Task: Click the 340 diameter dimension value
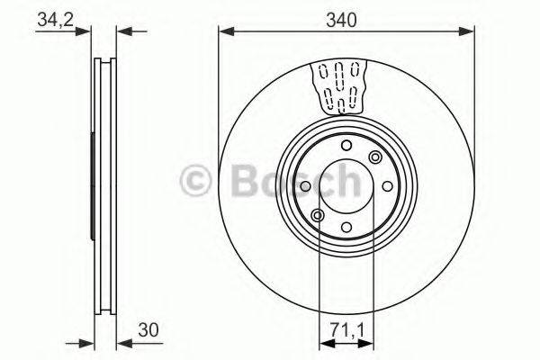[x=346, y=20]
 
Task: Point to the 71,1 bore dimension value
[x=346, y=329]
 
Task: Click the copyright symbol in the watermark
[x=196, y=182]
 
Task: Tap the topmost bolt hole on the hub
[x=346, y=147]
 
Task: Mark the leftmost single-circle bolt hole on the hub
[x=307, y=186]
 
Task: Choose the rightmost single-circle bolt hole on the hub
[x=385, y=186]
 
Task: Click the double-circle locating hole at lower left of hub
[x=318, y=214]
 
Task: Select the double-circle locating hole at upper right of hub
[x=373, y=158]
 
